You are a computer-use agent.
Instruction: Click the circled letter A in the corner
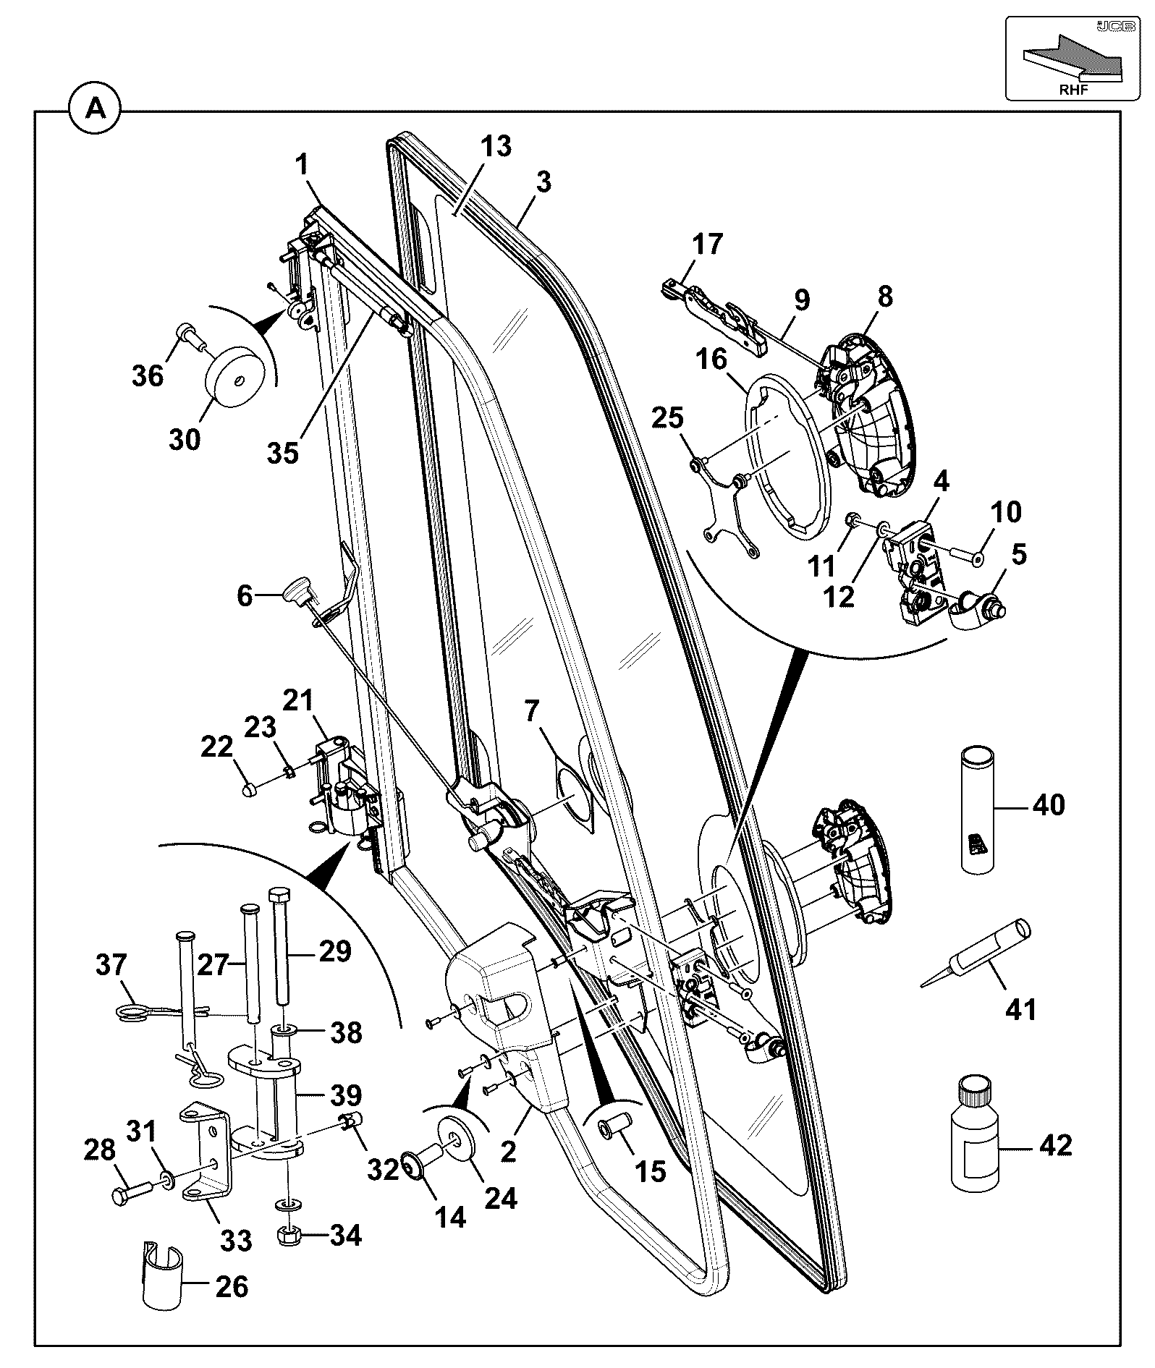pos(95,111)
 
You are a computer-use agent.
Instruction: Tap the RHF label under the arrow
pos(1075,89)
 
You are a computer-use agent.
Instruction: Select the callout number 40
pos(1049,804)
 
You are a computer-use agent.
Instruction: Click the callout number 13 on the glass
pos(496,147)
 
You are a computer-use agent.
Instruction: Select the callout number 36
pos(148,375)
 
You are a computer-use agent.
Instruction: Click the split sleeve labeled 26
pos(161,1275)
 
